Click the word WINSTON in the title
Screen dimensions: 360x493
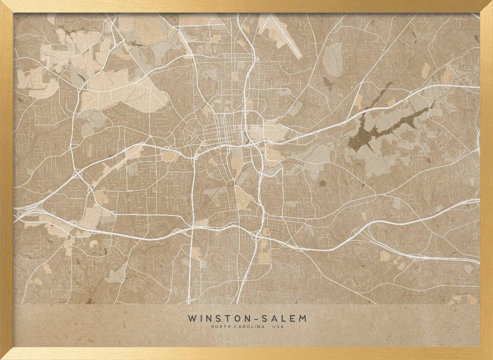[x=217, y=319]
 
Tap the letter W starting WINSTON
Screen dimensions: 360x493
[x=191, y=319]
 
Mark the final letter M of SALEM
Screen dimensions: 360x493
[x=303, y=319]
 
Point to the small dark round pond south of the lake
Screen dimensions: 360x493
[x=322, y=183]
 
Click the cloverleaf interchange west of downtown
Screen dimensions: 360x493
[x=78, y=173]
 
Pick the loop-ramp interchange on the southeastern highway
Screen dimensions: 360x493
[x=356, y=232]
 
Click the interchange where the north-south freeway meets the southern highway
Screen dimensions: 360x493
[x=256, y=237]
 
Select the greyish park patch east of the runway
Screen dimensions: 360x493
[x=335, y=59]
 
